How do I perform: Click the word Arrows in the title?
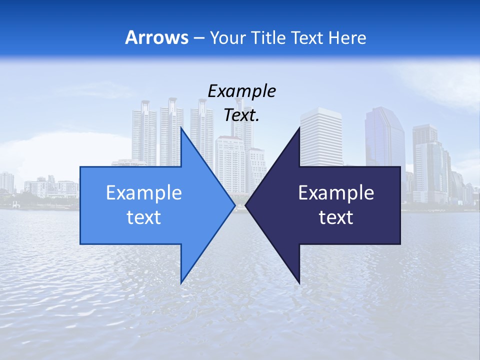157,37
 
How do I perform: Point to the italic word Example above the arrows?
241,91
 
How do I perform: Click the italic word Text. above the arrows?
241,115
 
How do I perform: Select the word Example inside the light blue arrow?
144,193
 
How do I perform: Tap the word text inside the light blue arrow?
144,217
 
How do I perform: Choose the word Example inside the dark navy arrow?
336,193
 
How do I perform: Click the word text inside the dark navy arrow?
336,217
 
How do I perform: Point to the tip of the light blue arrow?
235,205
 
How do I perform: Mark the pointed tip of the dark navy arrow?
245,205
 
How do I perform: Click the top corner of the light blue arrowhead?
181,127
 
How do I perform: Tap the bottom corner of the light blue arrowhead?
181,283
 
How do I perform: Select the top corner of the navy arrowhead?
299,127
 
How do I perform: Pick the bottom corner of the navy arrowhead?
299,283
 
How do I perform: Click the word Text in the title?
309,37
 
